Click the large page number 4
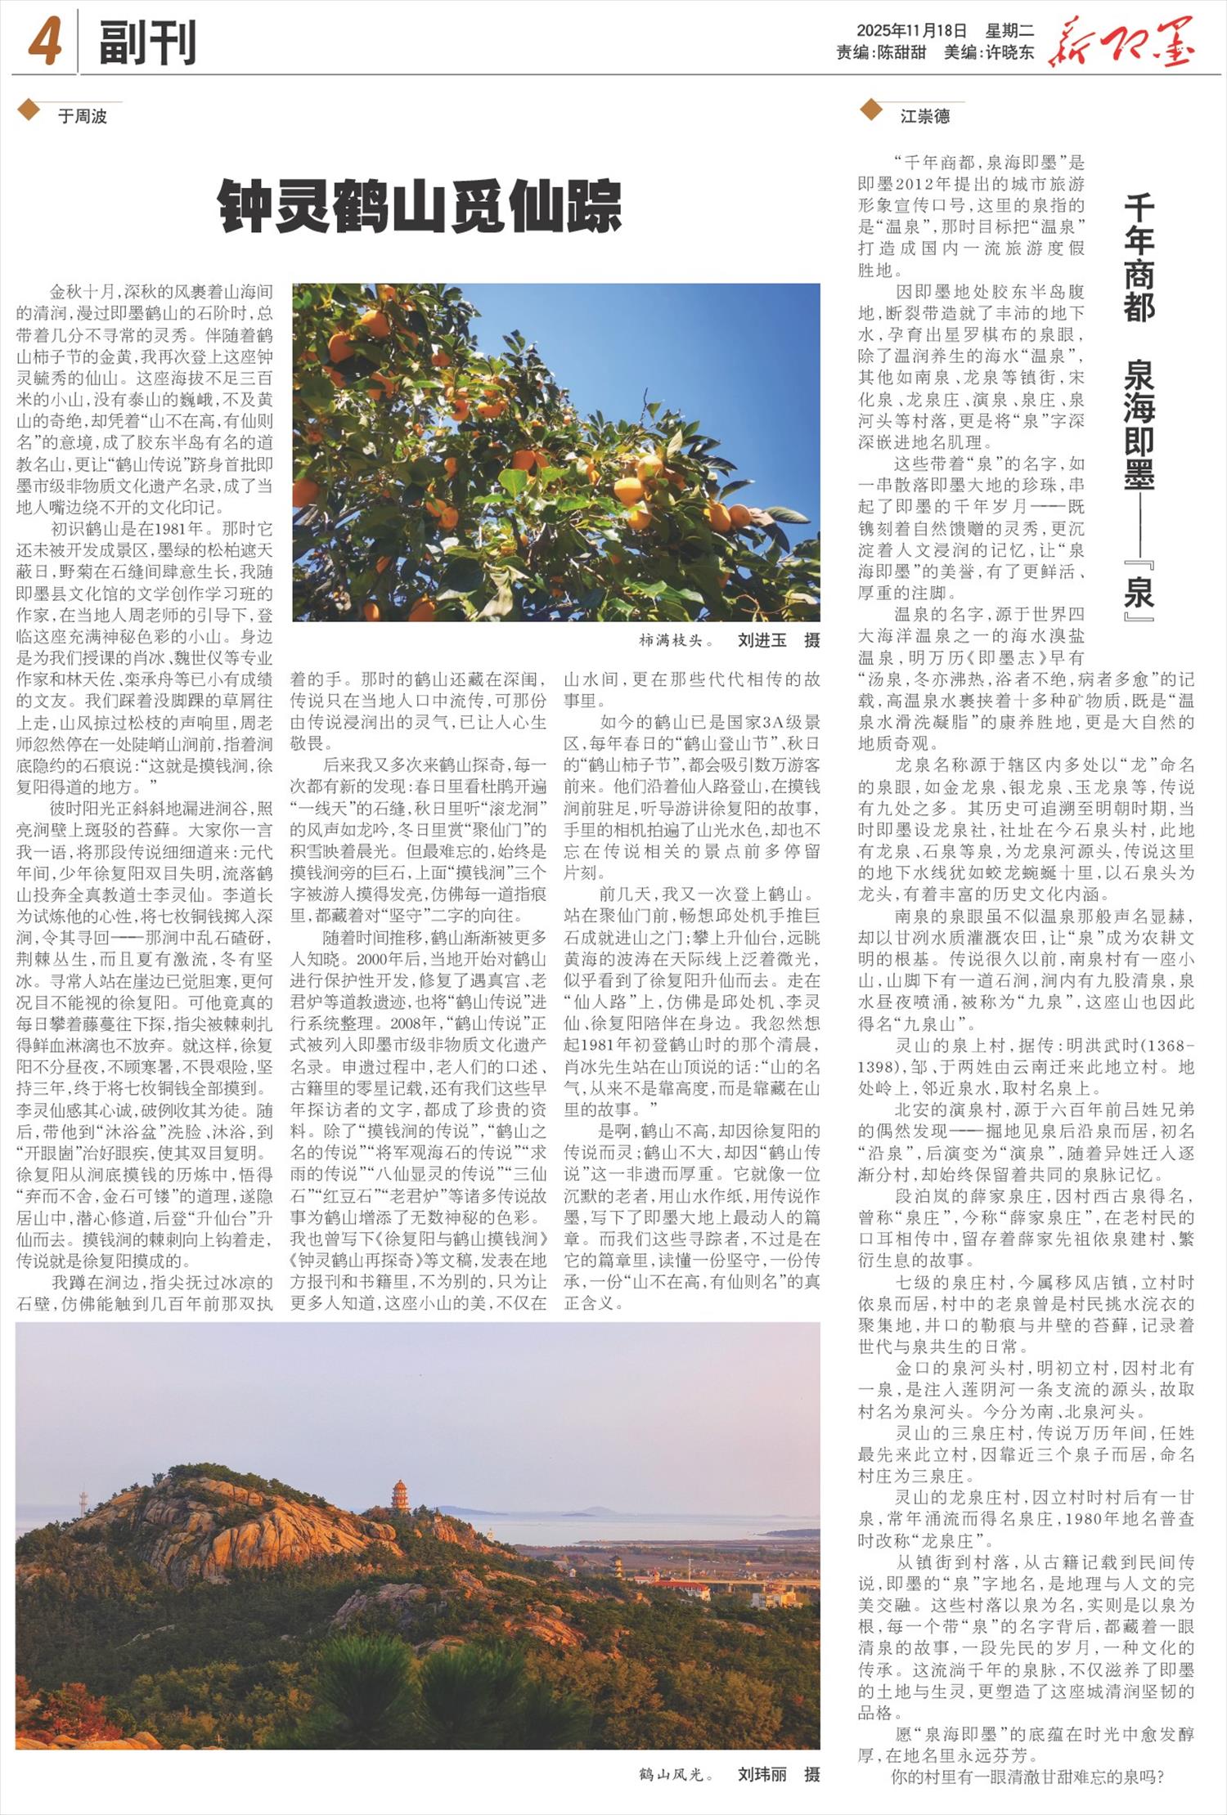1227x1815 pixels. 44,42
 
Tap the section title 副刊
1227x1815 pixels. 147,43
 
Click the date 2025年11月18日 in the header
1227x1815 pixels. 911,31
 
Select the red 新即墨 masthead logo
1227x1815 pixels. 1121,41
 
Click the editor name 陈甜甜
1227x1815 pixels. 901,52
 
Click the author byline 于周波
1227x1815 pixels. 83,116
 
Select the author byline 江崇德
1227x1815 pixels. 925,116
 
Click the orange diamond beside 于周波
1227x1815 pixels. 29,109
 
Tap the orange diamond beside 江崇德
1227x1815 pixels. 871,109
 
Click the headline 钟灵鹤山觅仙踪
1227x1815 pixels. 420,208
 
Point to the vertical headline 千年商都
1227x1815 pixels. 1139,258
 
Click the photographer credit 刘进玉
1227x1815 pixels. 762,640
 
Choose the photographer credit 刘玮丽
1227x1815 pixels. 762,1774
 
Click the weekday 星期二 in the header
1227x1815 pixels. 1009,31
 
